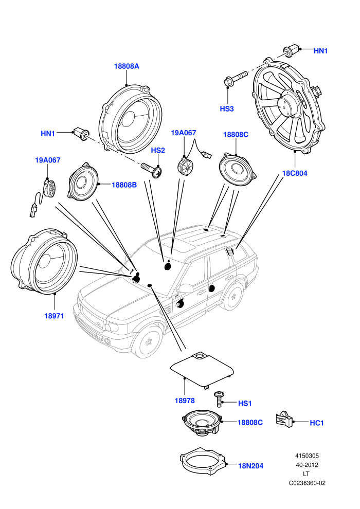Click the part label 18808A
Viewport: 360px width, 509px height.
127,66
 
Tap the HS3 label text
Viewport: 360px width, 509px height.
227,109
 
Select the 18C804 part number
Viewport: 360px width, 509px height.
294,173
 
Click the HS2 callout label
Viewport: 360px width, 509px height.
158,150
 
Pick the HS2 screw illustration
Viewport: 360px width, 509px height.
152,170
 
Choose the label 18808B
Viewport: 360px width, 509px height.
124,185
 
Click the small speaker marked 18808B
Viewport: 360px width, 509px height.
83,182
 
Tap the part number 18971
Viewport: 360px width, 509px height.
54,316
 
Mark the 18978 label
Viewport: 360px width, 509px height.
185,401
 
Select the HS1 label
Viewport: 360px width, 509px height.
245,404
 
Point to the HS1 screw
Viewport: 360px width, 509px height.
219,399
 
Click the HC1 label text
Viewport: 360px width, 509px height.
316,423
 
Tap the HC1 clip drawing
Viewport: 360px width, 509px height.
285,420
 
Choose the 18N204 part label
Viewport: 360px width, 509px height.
250,466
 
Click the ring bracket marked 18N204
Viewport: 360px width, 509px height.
203,461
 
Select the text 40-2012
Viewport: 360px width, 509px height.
307,465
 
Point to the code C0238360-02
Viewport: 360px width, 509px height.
307,483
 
